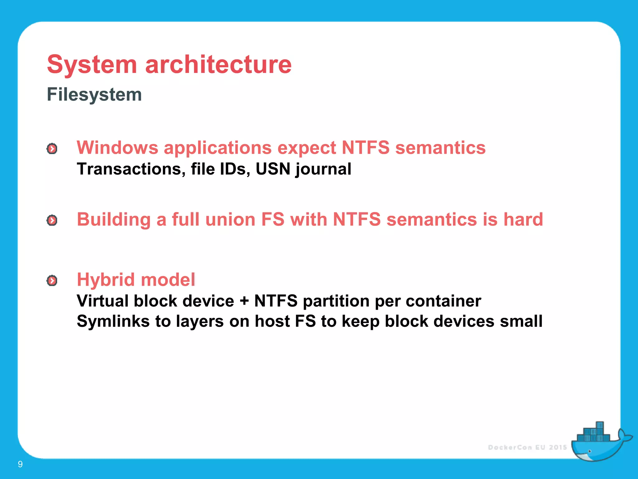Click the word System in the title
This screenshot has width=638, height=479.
point(92,65)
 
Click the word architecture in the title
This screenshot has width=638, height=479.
point(218,65)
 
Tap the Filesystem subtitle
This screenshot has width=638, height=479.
point(94,94)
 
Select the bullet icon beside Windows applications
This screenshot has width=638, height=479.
point(52,149)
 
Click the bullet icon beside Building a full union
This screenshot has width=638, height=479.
point(52,220)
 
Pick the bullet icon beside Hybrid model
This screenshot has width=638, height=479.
point(52,281)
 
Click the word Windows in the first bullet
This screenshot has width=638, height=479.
point(117,148)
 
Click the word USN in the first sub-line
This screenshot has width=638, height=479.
point(273,169)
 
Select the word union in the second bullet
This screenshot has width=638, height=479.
point(230,219)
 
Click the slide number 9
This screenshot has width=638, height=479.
point(20,464)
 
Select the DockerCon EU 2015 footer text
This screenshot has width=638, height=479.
point(527,448)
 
